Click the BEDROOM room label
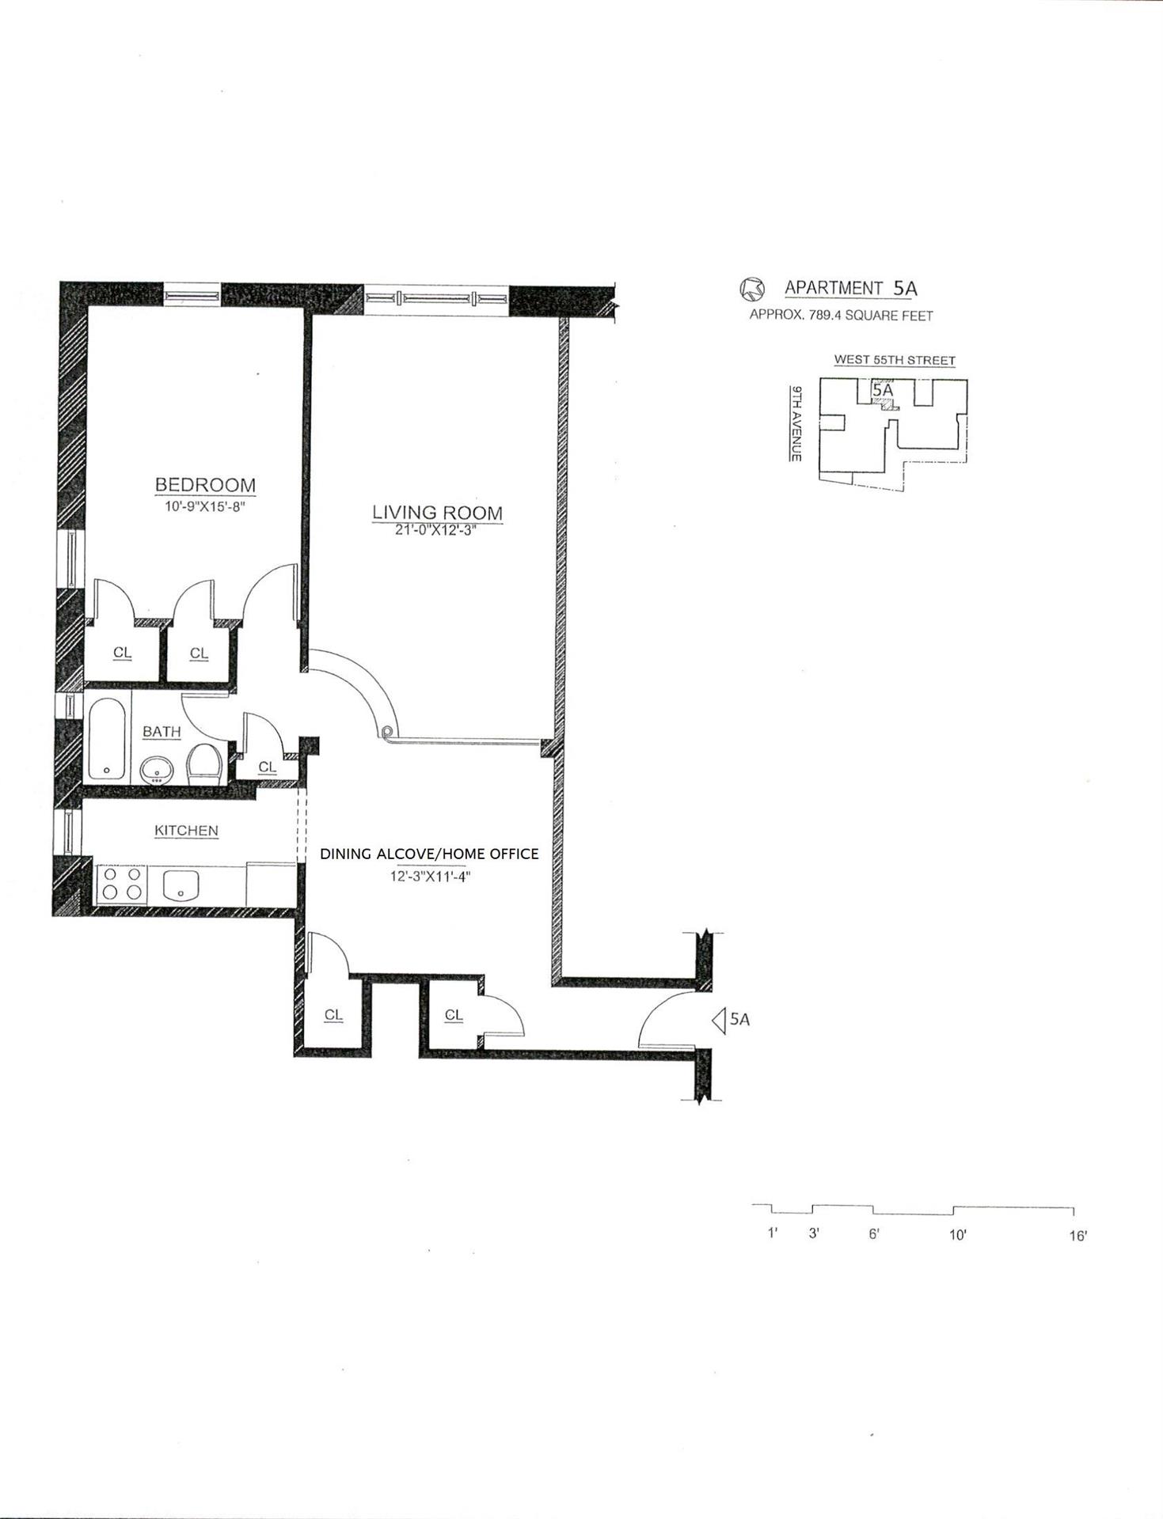tap(205, 484)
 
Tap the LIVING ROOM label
tap(437, 512)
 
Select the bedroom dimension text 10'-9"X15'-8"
tap(206, 506)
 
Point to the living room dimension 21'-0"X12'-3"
tap(437, 530)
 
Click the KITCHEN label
tap(186, 831)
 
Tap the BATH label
tap(162, 732)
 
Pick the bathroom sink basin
tap(158, 769)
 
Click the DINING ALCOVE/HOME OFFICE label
tap(429, 854)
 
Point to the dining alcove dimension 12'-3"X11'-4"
tap(429, 877)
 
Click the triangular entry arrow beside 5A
tap(720, 1021)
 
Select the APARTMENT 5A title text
tap(851, 288)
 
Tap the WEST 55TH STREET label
tap(895, 360)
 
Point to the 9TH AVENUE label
tap(796, 423)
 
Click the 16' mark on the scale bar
tap(1077, 1236)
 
